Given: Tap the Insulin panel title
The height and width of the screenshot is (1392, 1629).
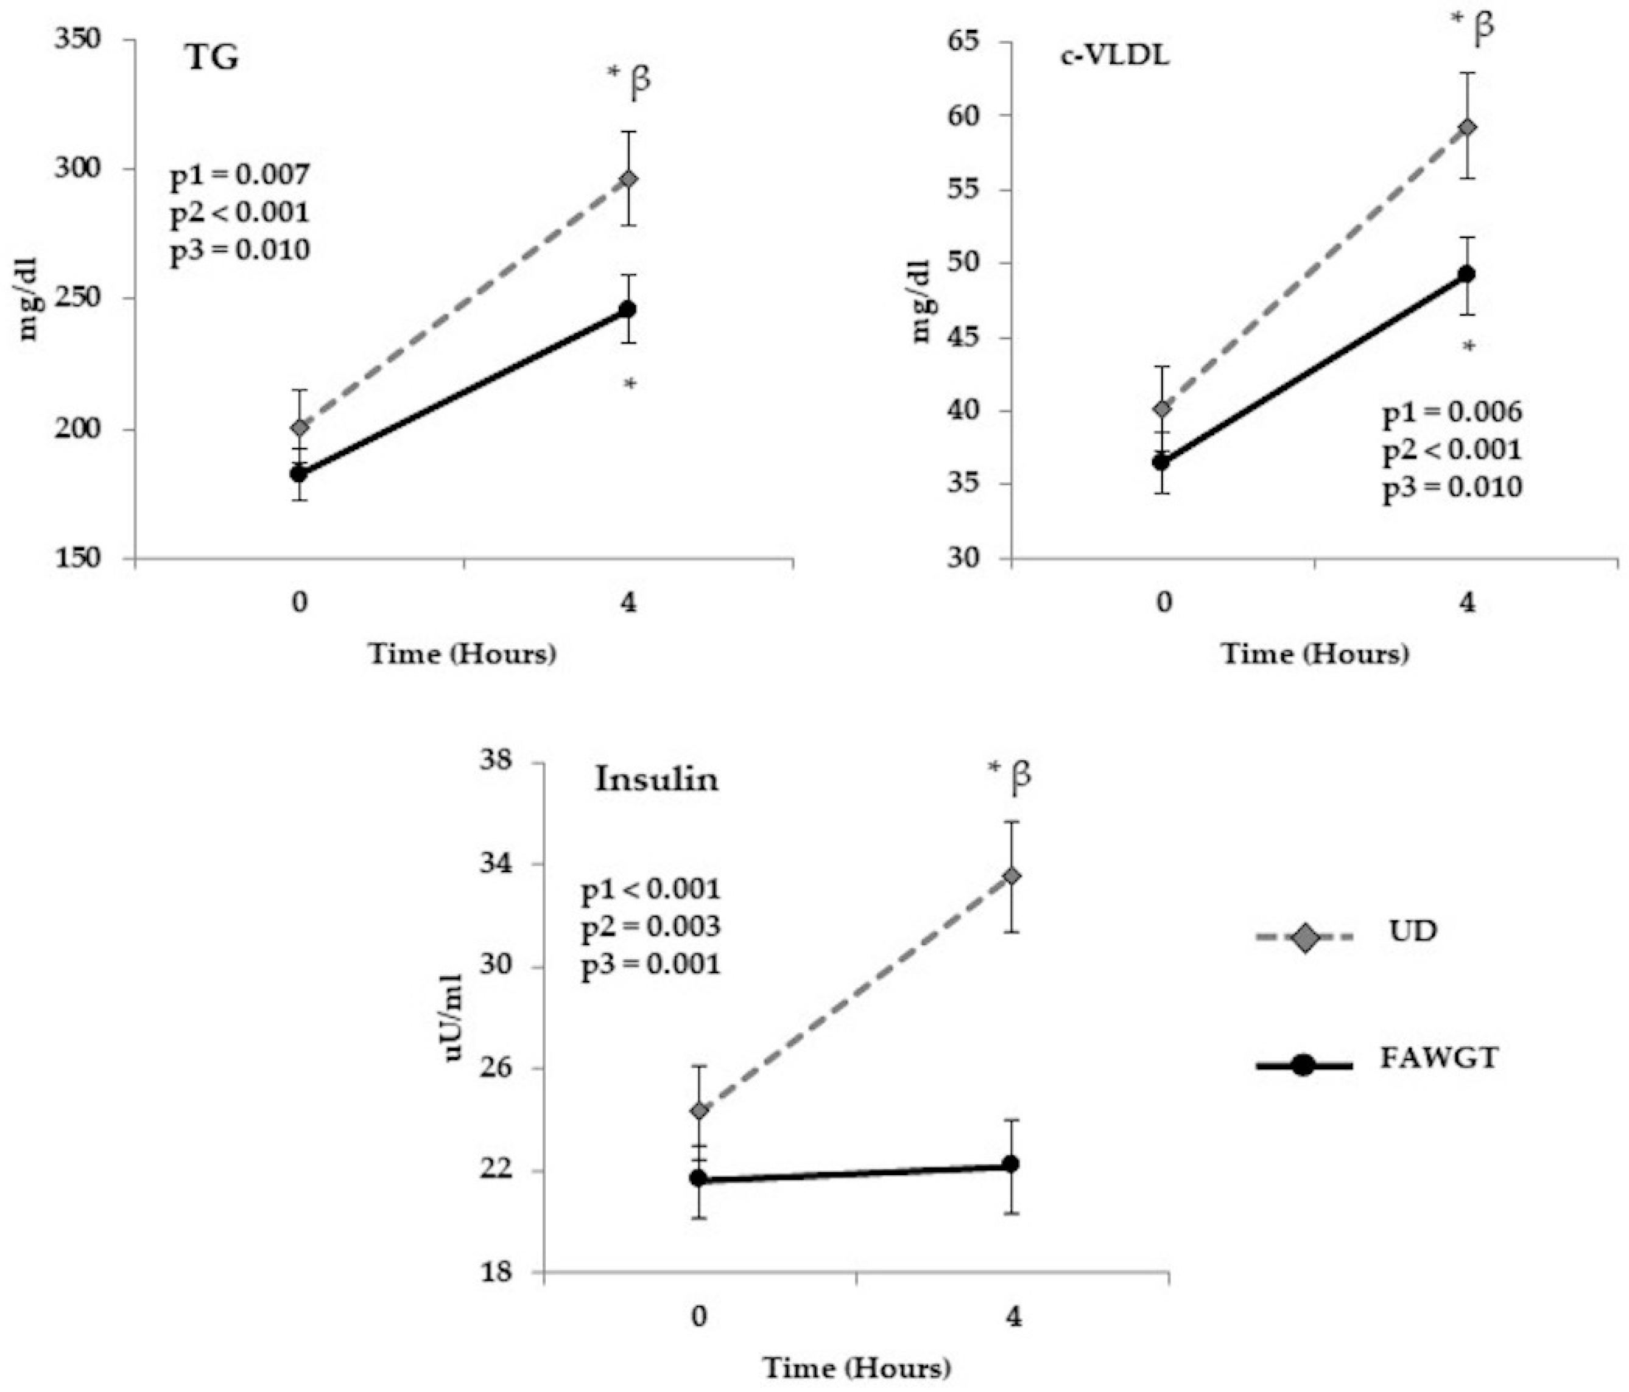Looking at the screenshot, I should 656,779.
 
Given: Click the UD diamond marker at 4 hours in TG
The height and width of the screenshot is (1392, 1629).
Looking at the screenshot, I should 628,179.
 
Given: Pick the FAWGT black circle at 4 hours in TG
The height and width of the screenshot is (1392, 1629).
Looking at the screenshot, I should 627,309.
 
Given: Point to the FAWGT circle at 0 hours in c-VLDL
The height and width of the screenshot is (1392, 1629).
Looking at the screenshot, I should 1161,461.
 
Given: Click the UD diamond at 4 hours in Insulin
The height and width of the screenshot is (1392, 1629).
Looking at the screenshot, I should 1012,876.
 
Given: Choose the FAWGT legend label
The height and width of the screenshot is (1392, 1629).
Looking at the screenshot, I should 1439,1058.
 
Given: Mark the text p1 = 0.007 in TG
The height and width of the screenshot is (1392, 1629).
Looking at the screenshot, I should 240,175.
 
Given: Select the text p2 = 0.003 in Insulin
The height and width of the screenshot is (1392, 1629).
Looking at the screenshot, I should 650,927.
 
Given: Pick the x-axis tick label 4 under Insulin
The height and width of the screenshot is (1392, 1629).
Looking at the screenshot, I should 1013,1317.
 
